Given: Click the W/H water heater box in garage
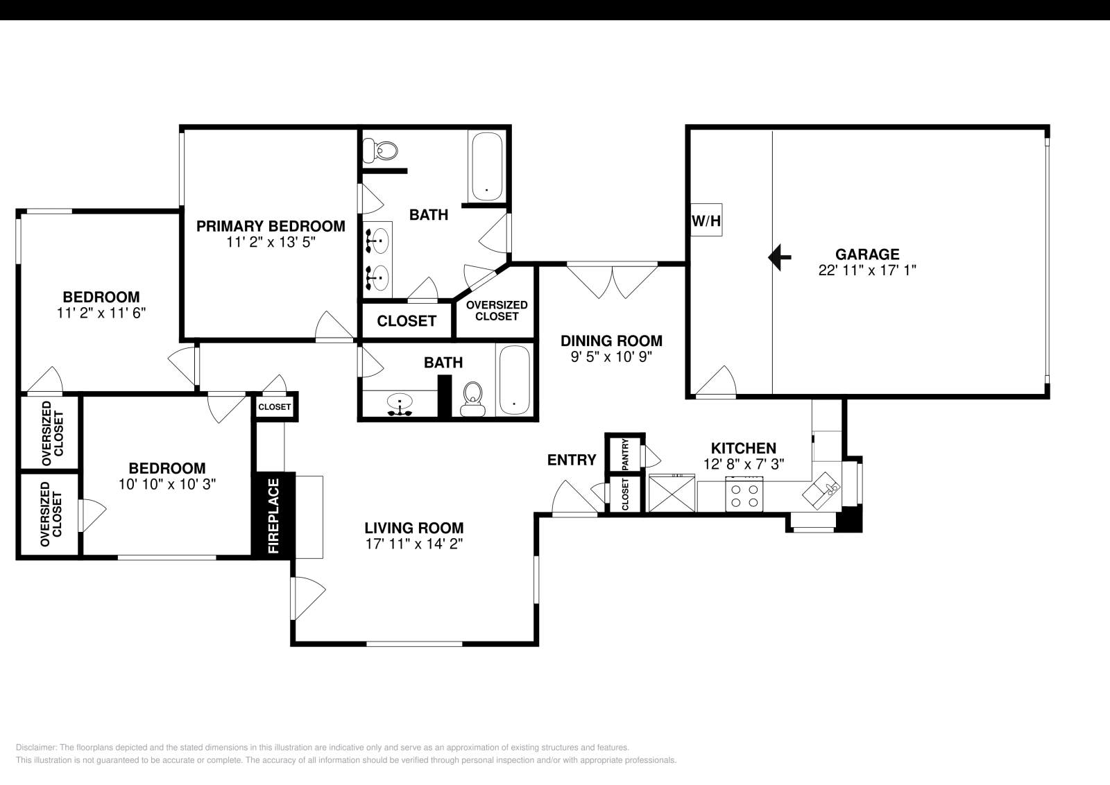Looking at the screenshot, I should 706,221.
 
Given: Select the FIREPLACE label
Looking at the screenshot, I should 273,515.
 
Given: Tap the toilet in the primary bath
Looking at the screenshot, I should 382,148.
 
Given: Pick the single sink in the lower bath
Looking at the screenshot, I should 400,404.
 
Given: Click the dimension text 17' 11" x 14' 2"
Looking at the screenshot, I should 414,544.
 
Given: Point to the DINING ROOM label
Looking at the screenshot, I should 611,340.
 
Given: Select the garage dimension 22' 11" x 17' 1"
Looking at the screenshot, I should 867,270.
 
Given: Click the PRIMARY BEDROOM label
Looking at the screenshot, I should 270,226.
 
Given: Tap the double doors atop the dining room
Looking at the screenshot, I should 612,279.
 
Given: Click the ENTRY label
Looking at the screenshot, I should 571,460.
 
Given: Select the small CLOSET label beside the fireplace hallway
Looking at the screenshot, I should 274,407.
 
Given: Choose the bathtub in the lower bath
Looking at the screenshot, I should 514,380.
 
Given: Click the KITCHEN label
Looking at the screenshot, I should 743,448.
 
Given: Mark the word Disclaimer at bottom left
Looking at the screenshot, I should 35,748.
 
